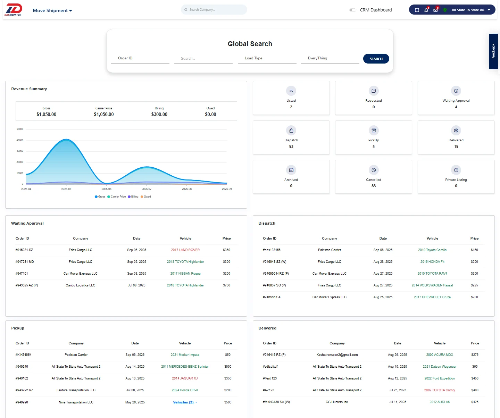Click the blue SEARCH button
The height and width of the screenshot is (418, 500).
point(376,59)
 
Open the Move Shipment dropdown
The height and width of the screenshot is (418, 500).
point(52,10)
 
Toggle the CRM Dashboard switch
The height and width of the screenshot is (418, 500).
point(352,10)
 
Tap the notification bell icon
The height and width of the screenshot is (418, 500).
point(426,10)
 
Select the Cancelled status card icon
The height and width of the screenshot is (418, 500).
point(374,170)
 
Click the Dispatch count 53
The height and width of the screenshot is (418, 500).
point(291,147)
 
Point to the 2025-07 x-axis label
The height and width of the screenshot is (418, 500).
point(147,189)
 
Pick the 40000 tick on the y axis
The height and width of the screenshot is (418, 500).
point(20,140)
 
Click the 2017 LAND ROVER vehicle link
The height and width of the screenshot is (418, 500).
point(185,250)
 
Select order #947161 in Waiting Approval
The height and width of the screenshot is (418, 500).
point(22,274)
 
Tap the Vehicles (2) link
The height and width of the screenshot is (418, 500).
point(184,402)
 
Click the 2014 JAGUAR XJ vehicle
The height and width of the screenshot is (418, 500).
point(185,378)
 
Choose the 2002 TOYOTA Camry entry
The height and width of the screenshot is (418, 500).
point(439,390)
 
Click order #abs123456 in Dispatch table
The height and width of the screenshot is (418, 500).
point(272,250)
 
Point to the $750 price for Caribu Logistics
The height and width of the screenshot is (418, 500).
point(226,285)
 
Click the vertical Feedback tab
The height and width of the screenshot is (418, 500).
point(493,51)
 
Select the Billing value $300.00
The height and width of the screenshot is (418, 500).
point(159,114)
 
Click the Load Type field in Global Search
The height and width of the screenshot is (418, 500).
point(267,58)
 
